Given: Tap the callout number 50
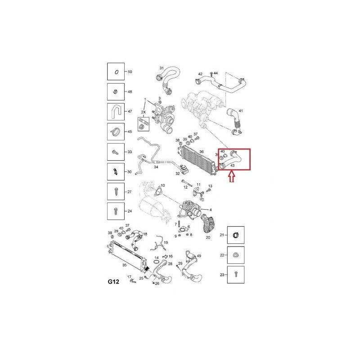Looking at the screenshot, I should pos(130,72).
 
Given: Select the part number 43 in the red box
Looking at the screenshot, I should pos(233,166).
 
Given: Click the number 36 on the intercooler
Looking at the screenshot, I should pos(201,152).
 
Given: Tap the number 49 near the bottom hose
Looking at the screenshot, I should pos(199,256).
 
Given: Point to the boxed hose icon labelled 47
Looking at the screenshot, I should pos(115,111).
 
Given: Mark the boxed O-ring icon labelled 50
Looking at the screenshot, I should pos(115,72).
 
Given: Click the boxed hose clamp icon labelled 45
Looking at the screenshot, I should pos(115,131).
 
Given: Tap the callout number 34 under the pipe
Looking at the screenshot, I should pos(157,167).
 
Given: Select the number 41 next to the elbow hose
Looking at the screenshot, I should pos(240,111).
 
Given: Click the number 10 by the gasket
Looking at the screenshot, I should pos(162,185).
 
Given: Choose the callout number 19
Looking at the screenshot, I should pos(166,243).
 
